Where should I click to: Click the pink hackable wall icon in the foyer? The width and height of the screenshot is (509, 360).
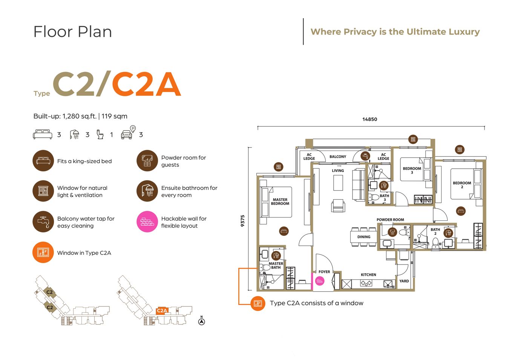[x=319, y=281]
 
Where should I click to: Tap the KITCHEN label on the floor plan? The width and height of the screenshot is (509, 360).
[x=368, y=275]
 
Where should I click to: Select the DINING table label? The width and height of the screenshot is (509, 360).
[x=364, y=237]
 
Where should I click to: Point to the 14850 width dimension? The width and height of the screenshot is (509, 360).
[x=370, y=119]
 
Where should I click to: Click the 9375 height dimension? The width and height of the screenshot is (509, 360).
[x=242, y=221]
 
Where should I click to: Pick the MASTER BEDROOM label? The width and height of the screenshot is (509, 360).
[x=280, y=202]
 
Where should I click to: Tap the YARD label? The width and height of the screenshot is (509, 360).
[x=404, y=281]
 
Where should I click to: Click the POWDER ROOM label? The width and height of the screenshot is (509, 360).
[x=390, y=220]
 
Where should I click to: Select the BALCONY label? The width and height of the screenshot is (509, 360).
[x=338, y=157]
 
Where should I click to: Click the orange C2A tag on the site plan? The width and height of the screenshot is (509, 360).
[x=162, y=311]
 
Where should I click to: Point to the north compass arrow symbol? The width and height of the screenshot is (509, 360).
[x=202, y=322]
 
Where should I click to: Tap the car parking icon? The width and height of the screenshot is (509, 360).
[x=129, y=132]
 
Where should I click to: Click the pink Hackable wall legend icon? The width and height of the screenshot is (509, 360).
[x=147, y=222]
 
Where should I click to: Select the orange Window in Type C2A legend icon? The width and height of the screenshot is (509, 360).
[x=43, y=252]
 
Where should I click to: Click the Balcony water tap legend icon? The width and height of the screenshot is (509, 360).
[x=43, y=222]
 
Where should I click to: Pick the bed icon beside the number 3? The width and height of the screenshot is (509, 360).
[x=43, y=134]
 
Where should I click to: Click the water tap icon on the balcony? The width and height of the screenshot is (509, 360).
[x=365, y=156]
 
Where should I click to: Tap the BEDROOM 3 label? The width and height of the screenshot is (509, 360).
[x=412, y=170]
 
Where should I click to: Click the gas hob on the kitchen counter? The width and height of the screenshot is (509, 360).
[x=366, y=283]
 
